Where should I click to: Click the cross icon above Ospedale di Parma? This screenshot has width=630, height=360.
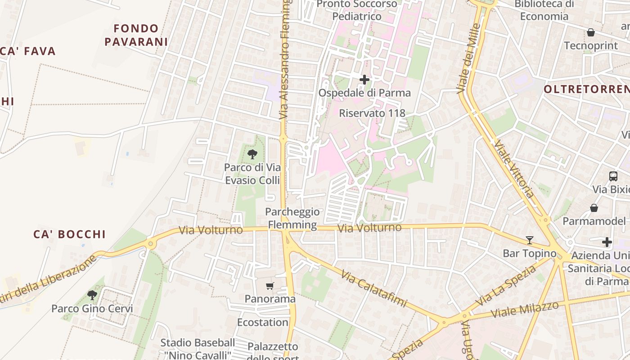(364, 80)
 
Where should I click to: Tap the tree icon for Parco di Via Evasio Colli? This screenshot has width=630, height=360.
(252, 154)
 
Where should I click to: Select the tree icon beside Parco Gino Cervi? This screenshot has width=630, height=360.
(92, 295)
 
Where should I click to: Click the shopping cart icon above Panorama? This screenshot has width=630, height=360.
(270, 286)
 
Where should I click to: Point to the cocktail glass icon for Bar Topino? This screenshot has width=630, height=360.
(530, 240)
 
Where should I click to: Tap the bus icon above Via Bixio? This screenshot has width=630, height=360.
(613, 176)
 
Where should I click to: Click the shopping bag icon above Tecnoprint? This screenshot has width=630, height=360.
(590, 32)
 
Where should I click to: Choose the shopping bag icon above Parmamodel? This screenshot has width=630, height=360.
(594, 208)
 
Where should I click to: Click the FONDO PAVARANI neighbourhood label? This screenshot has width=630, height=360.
(136, 35)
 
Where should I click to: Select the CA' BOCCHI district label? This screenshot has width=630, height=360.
(70, 234)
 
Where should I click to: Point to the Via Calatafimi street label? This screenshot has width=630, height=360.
(373, 288)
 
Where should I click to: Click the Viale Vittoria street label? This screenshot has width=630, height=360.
(514, 169)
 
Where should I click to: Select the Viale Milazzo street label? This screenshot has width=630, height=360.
(524, 309)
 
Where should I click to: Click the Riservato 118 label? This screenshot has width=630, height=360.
(372, 113)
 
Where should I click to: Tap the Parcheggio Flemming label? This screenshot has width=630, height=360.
(292, 218)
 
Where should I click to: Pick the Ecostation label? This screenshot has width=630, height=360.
(263, 322)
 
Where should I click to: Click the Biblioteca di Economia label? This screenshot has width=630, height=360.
(544, 10)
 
